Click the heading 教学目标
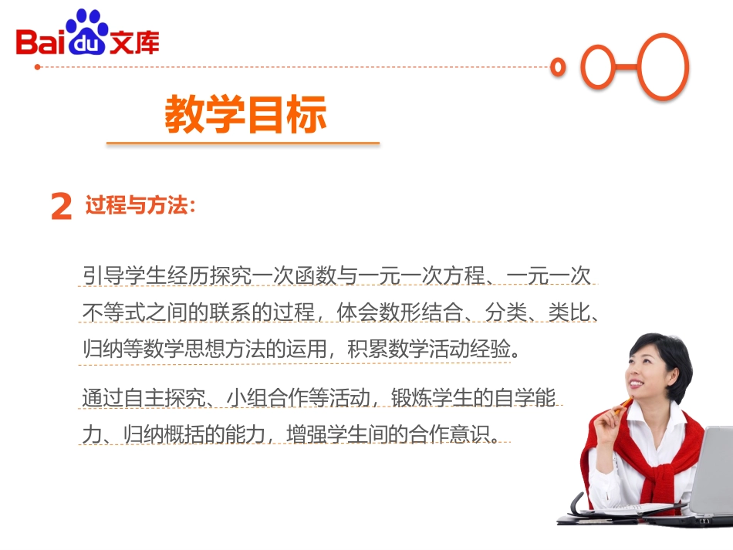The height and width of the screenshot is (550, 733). (x=245, y=116)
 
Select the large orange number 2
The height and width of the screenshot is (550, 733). (x=61, y=208)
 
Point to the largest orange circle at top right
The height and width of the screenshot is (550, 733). (x=663, y=67)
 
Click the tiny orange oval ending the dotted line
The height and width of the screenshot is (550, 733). (x=558, y=68)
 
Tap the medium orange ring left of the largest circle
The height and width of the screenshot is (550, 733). (x=602, y=67)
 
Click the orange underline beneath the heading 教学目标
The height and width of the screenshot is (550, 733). (x=242, y=143)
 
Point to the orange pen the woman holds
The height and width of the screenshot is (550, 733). (x=620, y=408)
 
